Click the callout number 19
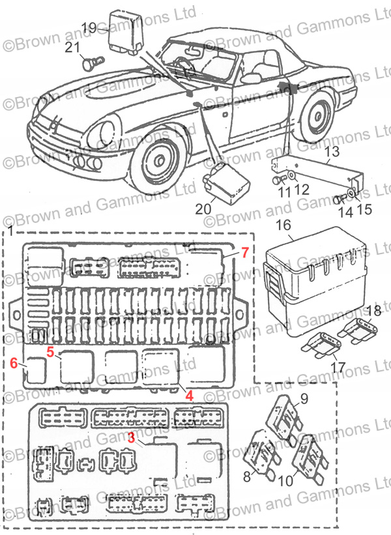pyautogui.click(x=89, y=27)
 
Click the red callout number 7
pyautogui.click(x=245, y=252)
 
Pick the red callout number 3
pyautogui.click(x=131, y=439)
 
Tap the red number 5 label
pyautogui.click(x=50, y=353)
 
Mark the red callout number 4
pyautogui.click(x=189, y=395)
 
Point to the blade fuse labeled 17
pyautogui.click(x=321, y=344)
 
